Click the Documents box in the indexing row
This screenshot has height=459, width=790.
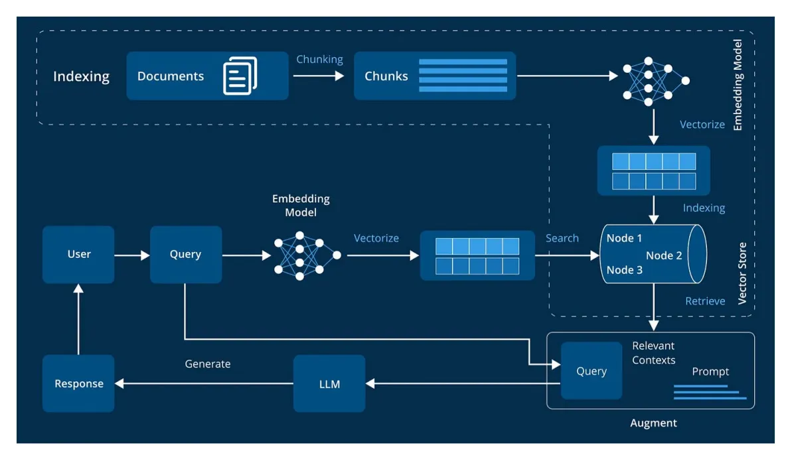coord(207,76)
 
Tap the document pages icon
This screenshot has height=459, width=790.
coord(240,76)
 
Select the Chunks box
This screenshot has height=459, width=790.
coord(434,76)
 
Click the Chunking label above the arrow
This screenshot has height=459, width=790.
coord(319,59)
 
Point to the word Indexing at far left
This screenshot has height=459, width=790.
coord(81,76)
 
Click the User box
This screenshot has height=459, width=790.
coord(78,255)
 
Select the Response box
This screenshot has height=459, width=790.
coord(78,383)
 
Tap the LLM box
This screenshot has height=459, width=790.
coord(329,383)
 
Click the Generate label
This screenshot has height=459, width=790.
coord(208,363)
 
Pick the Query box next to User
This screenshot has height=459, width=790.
coord(186,255)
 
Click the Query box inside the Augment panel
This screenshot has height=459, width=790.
coord(592,371)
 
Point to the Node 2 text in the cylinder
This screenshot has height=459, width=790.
coord(664,255)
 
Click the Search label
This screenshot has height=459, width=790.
coord(562,238)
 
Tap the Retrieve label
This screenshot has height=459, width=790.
coord(705,301)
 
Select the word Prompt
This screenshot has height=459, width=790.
coord(710,371)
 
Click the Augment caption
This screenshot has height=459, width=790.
coord(653,423)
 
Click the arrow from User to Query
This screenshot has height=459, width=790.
coord(132,255)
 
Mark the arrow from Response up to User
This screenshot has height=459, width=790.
coord(78,318)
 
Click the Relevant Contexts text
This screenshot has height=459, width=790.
coord(653,353)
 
